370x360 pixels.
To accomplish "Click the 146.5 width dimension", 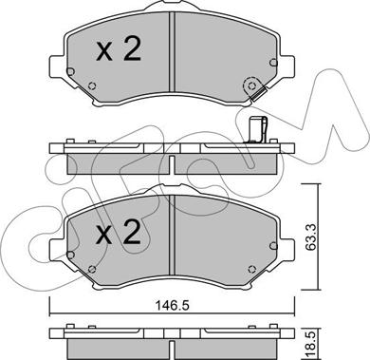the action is (173, 306).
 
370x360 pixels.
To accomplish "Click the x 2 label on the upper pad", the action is (119, 49).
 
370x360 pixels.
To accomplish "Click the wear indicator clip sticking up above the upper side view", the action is (257, 129).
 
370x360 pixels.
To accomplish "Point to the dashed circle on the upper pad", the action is (251, 85).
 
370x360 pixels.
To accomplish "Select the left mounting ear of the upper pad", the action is (58, 66).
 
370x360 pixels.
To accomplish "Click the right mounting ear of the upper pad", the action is (287, 66).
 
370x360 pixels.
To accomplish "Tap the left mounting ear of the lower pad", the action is (58, 250).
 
